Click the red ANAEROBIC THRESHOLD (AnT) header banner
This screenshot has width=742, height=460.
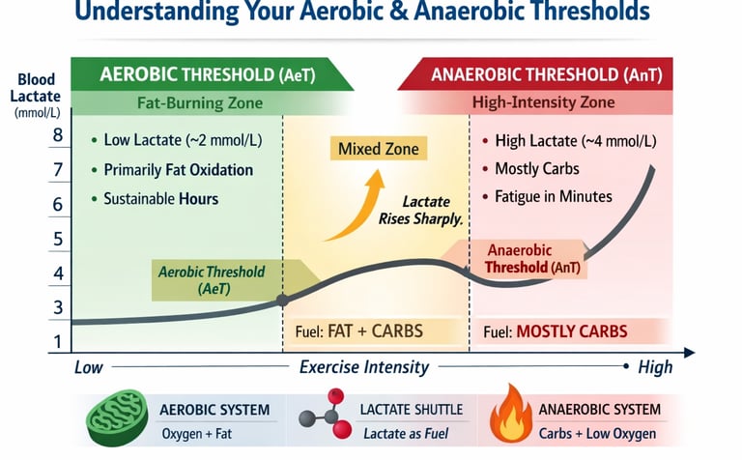(535, 73)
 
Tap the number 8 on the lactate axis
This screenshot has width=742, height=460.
(58, 135)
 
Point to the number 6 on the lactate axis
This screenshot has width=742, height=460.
(58, 205)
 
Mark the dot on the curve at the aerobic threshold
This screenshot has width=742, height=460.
(282, 301)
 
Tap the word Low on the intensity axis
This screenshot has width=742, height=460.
(89, 367)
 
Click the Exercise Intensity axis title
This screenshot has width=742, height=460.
(364, 367)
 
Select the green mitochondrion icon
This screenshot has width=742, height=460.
(116, 420)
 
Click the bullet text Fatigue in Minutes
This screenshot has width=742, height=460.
(553, 196)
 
